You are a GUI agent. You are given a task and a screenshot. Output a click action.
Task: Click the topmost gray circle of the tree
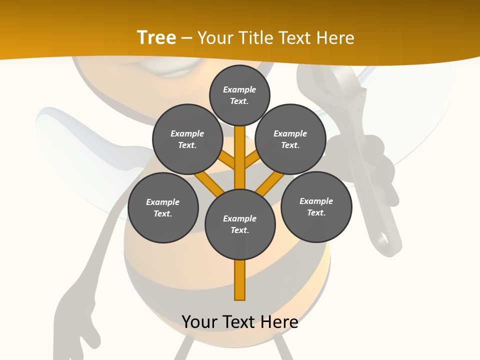click(x=239, y=95)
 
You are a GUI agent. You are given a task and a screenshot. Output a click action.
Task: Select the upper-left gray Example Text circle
click(x=187, y=139)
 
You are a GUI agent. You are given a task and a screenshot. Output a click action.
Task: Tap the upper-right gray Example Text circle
click(x=290, y=139)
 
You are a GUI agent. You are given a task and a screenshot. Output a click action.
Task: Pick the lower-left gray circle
click(x=163, y=207)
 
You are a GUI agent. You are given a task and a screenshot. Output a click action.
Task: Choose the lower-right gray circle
click(x=316, y=206)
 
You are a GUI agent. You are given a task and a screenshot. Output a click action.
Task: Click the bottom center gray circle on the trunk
click(x=240, y=224)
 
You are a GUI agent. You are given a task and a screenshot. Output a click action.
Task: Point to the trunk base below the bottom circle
click(x=240, y=280)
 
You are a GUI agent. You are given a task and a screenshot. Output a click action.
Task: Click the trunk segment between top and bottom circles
click(x=240, y=157)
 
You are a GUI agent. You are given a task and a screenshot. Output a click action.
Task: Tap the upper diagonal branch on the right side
click(x=252, y=161)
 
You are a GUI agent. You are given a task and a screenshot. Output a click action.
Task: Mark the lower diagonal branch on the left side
click(x=209, y=183)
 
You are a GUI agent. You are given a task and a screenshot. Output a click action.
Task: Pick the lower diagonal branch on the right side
click(x=270, y=183)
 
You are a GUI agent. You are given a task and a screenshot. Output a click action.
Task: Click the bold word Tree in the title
click(x=156, y=37)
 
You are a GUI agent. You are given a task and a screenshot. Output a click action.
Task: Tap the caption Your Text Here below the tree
click(x=240, y=321)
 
